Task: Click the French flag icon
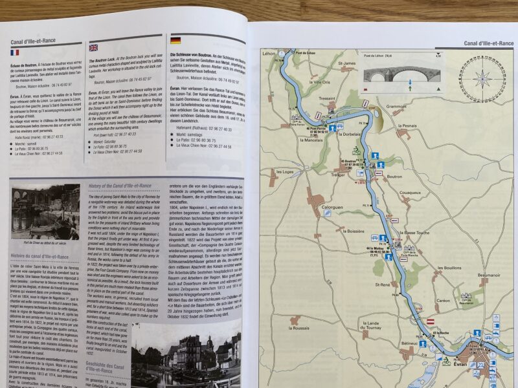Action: (15, 53)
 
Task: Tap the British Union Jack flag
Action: (93, 47)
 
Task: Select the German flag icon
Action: (174, 39)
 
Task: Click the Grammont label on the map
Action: (396, 106)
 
